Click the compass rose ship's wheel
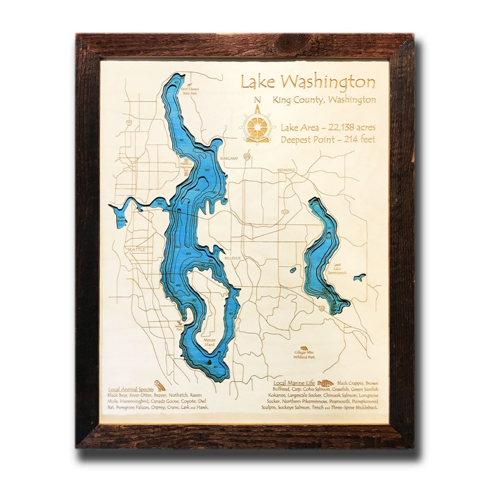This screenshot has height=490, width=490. [x=257, y=127]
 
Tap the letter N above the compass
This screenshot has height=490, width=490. [x=257, y=100]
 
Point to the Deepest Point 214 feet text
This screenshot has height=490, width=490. [x=328, y=140]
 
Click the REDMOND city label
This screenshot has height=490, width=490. [x=287, y=170]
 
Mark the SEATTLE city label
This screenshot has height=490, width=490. [x=136, y=249]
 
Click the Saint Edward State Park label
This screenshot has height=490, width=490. [x=187, y=91]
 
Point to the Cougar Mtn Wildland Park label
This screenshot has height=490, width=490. [x=304, y=356]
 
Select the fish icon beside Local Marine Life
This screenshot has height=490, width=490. [x=325, y=383]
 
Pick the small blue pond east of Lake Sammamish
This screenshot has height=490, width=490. [x=359, y=277]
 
